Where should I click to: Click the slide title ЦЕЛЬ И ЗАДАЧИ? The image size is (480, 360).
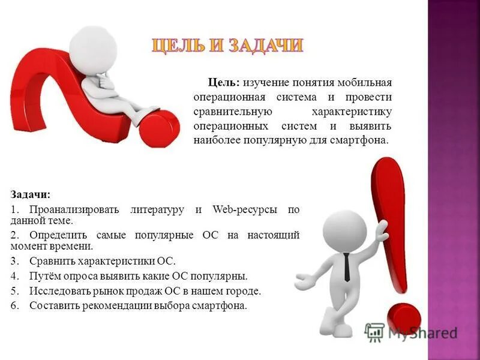tap(227, 46)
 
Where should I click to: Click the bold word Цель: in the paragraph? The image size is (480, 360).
tap(224, 82)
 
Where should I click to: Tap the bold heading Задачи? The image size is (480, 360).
tap(31, 195)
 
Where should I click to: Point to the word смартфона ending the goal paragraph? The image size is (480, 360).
tap(362, 140)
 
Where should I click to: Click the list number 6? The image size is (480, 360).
tap(14, 306)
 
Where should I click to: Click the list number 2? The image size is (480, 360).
tap(14, 235)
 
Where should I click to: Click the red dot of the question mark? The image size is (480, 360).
tap(159, 128)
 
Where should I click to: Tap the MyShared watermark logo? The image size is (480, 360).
tap(411, 332)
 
